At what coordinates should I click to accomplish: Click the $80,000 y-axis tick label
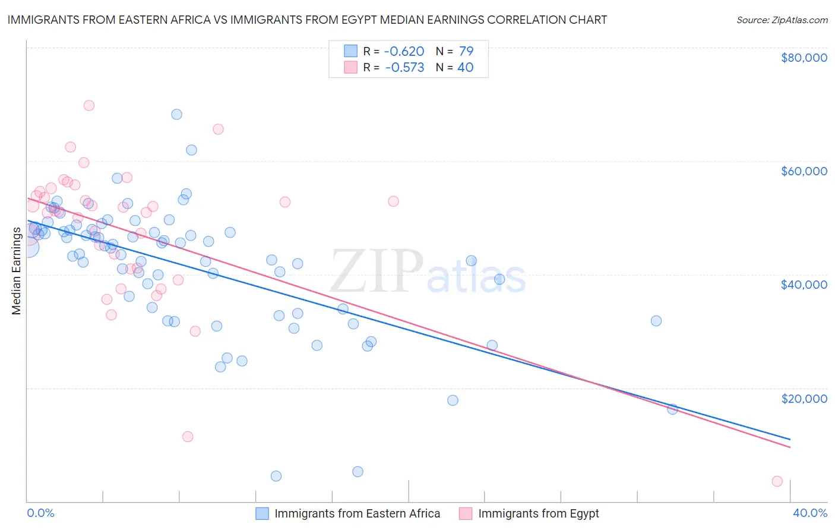click(x=804, y=58)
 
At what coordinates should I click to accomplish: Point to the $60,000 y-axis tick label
click(x=804, y=171)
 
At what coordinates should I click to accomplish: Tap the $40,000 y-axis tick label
click(x=804, y=285)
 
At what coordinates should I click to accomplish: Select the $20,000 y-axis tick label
click(x=804, y=398)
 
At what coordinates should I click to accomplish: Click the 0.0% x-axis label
click(x=40, y=513)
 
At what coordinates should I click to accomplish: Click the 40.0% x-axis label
click(x=809, y=513)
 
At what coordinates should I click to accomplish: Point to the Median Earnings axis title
click(x=16, y=270)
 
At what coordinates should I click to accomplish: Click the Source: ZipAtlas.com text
click(x=782, y=20)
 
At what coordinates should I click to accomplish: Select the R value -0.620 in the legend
click(x=404, y=51)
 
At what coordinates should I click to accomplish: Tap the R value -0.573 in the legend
click(x=404, y=68)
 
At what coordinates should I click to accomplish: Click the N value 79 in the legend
click(x=466, y=51)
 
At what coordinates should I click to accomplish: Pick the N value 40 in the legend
click(x=465, y=68)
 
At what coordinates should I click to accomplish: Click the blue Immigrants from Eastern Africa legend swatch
click(x=262, y=513)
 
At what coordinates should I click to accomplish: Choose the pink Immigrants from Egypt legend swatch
click(x=466, y=513)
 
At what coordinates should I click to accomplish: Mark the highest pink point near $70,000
click(x=89, y=105)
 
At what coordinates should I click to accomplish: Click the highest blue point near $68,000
click(x=176, y=114)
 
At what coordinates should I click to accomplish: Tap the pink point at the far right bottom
click(x=777, y=481)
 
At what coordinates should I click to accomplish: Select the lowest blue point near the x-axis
click(x=276, y=476)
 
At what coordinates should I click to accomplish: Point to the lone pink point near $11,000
click(x=188, y=437)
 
